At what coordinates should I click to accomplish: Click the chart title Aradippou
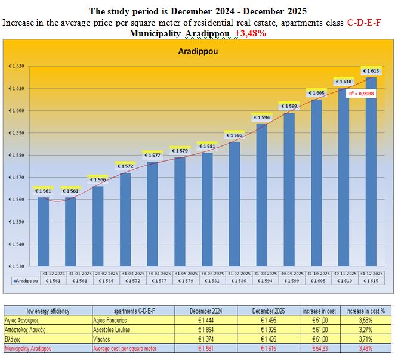198,52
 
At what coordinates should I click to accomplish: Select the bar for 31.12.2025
371,173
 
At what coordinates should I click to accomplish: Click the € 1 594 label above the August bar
261,117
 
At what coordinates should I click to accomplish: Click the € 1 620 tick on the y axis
16,66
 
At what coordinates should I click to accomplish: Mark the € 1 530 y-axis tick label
16,266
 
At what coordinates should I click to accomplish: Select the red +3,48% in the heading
251,33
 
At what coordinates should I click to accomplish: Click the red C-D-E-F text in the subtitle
365,23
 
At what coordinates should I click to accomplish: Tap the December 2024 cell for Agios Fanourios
206,320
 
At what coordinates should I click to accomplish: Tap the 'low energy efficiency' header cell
47,311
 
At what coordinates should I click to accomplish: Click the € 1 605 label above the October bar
316,93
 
